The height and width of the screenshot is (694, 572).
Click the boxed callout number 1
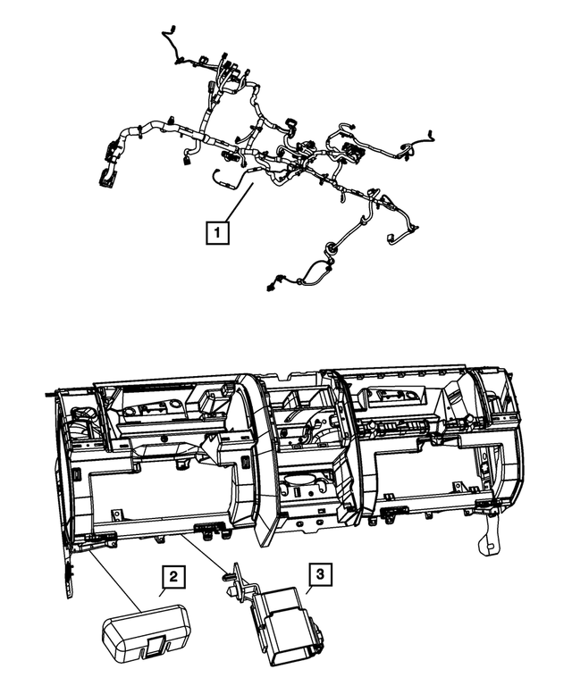tap(216, 233)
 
